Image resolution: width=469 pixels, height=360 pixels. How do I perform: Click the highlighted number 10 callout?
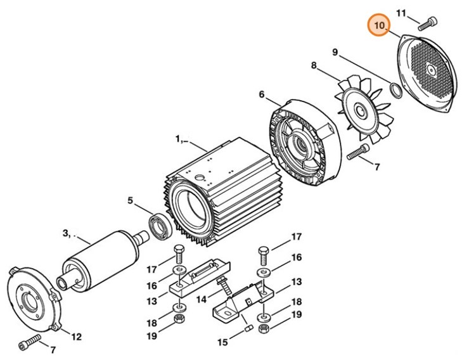[380, 26]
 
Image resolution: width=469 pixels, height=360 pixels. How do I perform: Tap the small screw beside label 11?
[427, 23]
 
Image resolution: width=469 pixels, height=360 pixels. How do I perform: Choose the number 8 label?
[313, 66]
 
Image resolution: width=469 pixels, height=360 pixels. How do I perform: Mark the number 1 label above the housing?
[179, 138]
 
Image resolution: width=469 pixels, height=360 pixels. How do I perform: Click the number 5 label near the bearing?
[130, 201]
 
